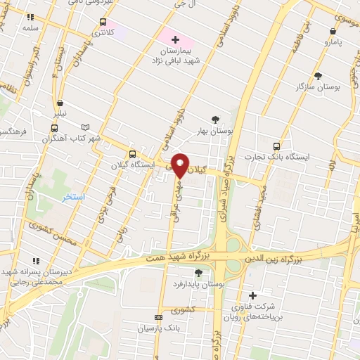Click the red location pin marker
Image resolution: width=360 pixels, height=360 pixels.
(x=180, y=165)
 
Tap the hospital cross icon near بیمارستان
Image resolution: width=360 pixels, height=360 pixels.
(x=175, y=39)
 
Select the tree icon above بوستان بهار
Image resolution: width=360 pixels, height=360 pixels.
(x=216, y=120)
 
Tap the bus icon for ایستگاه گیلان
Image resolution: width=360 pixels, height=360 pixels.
(x=131, y=154)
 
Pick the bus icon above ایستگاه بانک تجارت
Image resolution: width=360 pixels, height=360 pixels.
(x=276, y=146)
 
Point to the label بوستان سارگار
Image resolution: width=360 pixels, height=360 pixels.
(x=319, y=86)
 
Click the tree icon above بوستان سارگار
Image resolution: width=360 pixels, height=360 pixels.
(x=318, y=75)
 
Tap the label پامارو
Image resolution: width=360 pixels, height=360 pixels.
(x=331, y=42)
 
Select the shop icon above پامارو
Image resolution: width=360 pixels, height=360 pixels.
(x=333, y=31)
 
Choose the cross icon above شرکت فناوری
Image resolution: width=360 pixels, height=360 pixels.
(x=252, y=295)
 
